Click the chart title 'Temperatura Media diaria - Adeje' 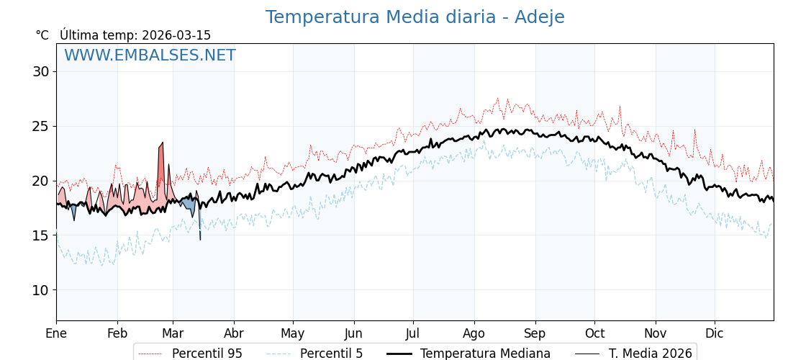coord(415,17)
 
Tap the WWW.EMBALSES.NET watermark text coord(150,55)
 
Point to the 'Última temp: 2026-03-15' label coord(135,35)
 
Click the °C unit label coord(42,35)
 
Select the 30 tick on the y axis coord(40,71)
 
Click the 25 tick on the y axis coord(40,126)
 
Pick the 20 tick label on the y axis coord(40,181)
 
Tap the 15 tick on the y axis coord(40,235)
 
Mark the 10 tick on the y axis coord(40,290)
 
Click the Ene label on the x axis coord(56,334)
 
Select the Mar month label coord(173,334)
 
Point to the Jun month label coord(353,334)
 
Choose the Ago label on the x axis coord(474,334)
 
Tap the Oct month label coord(594,334)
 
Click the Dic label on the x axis coord(715,334)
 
